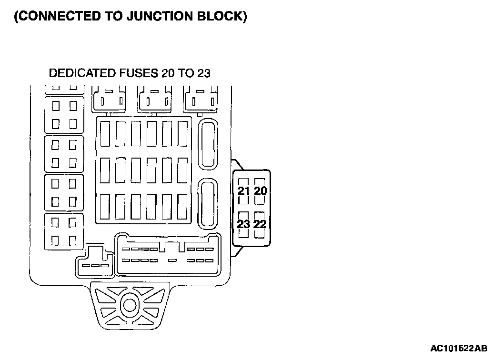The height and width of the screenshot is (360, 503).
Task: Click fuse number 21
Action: coord(244,191)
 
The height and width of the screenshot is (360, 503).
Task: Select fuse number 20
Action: coord(260,191)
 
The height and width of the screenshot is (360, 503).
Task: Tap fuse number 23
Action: coord(244,223)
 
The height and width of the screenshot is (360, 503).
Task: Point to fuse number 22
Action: coord(260,223)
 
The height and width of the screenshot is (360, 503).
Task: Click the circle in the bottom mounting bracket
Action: coord(129,303)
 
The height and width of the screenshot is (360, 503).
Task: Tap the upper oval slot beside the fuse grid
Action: coord(208,143)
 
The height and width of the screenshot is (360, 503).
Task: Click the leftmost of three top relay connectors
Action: coord(109,99)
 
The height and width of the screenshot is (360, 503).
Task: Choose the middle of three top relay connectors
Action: coord(155,99)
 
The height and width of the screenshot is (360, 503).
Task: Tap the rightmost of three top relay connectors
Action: coord(201,99)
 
